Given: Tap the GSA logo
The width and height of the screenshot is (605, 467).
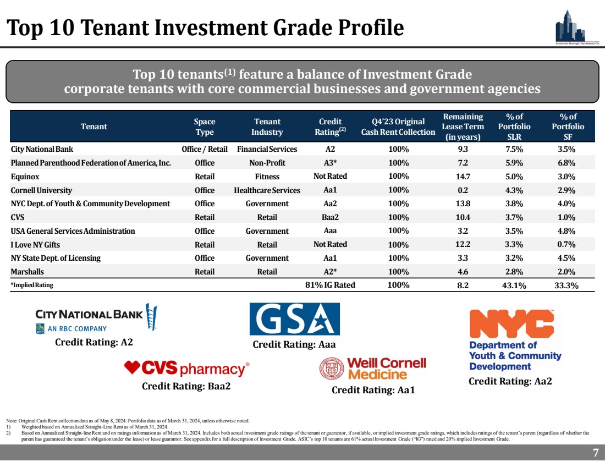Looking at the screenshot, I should coord(294,319).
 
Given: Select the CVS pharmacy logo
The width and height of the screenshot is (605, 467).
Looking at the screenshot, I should coord(187,368).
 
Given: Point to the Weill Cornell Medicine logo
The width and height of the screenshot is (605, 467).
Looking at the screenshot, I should coord(373,369).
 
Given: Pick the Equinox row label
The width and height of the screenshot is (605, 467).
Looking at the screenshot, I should coord(25,177).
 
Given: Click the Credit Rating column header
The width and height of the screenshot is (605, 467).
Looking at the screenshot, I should coord(330,127).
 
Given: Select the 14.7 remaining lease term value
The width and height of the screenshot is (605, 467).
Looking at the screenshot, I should coord(463,177).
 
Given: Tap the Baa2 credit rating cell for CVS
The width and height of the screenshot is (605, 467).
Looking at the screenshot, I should coord(330,217).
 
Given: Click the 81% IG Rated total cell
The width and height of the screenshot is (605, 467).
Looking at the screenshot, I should coord(330,285).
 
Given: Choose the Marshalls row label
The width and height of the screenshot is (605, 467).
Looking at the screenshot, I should coord(28,272).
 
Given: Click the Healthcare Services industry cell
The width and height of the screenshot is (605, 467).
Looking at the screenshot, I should coord(267,190).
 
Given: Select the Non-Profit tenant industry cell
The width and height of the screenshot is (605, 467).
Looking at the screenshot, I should coord(267,163).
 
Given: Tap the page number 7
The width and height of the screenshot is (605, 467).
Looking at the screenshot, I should coord(595,453).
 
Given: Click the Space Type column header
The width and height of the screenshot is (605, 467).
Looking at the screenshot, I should coord(205,127).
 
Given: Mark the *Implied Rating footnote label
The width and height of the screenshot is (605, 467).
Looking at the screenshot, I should coord(32,285).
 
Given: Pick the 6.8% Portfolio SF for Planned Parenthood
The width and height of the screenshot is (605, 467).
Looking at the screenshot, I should coord(568,163).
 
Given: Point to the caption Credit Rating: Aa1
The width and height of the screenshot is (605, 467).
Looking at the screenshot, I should coord(373,390).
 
